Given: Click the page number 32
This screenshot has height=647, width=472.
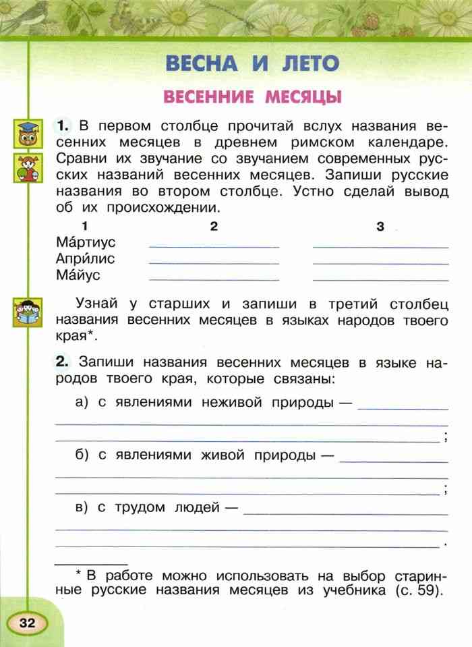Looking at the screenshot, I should point(27,621).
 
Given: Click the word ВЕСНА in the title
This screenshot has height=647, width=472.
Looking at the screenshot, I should point(201,63).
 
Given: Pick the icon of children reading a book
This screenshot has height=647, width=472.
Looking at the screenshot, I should point(27,312).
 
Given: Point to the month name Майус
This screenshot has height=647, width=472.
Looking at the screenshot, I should point(78,275).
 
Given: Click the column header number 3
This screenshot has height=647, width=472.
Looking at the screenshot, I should point(380,227).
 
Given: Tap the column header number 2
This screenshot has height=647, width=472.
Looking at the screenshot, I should point(214,227).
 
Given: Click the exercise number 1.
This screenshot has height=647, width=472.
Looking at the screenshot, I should point(63,125).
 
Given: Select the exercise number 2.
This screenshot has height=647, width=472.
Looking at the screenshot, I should point(63,362).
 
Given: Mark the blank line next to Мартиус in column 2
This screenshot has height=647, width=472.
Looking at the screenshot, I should point(214,246).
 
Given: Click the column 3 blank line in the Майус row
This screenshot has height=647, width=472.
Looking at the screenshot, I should point(380,278).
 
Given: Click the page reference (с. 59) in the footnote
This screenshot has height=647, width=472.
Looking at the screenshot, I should point(416,590).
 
